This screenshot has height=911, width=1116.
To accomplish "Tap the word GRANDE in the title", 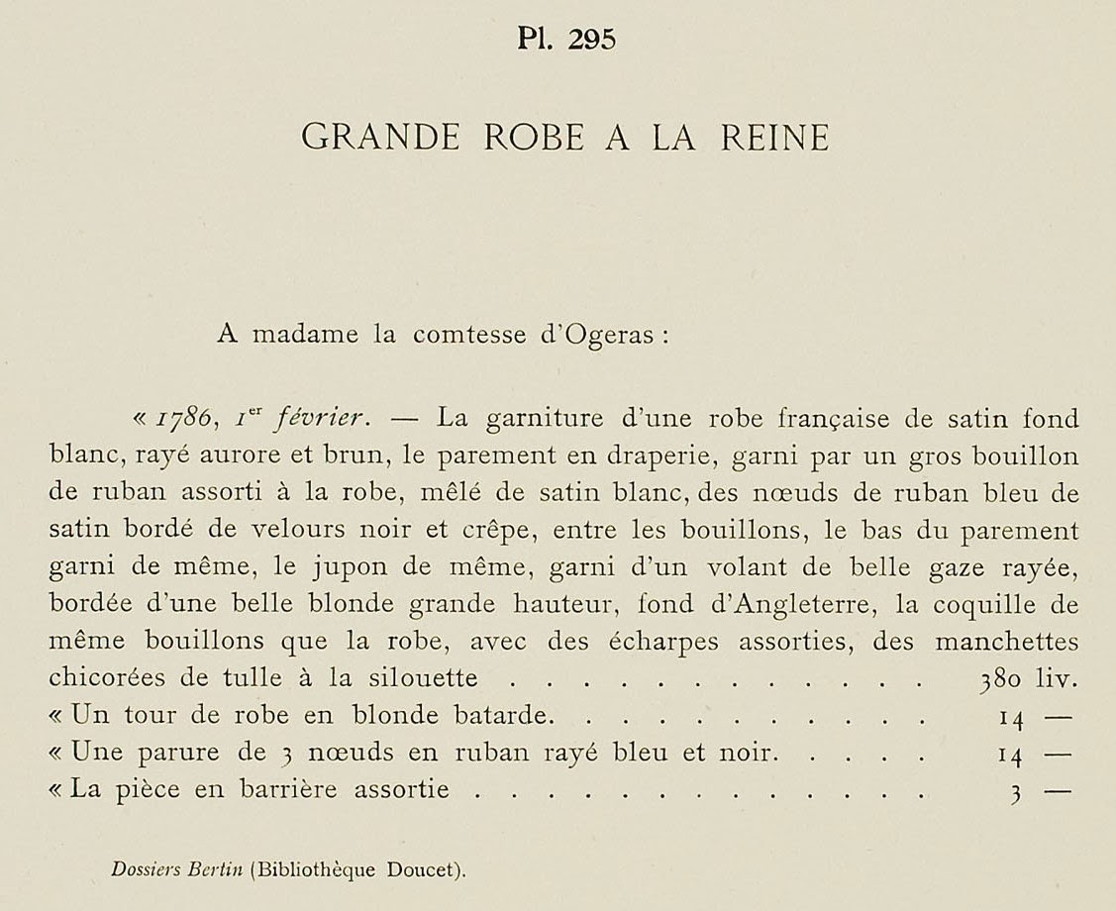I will tap(380, 138).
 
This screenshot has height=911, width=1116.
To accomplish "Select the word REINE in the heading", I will tap(774, 138).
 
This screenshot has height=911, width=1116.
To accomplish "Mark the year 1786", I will tap(177, 420).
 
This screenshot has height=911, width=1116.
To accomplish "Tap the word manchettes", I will tap(1008, 641).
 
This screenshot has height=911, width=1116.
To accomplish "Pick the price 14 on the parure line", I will tap(1009, 754).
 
